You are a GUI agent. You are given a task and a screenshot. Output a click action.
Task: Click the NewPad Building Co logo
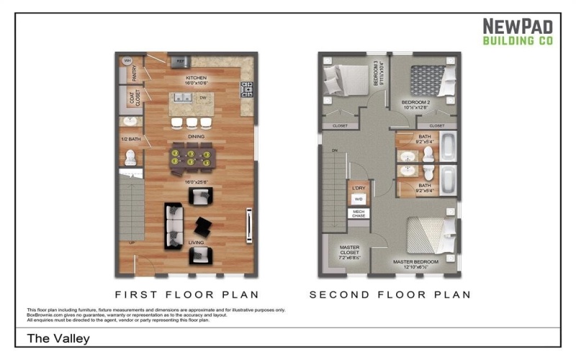point(518,32)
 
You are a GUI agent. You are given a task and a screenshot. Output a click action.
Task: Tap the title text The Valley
point(58,338)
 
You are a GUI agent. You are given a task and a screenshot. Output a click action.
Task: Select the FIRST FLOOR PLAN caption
point(187,294)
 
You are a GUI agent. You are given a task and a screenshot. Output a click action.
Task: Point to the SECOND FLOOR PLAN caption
point(390,294)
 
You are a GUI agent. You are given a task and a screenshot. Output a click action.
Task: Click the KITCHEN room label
point(197,80)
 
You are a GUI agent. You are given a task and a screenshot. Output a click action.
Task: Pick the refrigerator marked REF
point(179,62)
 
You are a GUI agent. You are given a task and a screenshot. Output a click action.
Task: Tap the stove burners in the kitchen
point(248,89)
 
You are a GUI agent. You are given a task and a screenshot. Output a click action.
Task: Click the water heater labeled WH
point(127,60)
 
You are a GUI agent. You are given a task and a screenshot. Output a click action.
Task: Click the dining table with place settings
point(191,158)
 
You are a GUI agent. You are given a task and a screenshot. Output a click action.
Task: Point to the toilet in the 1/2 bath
point(130,157)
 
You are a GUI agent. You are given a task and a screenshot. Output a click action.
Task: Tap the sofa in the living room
point(174,225)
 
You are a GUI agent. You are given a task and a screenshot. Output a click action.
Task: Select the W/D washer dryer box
point(358,198)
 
